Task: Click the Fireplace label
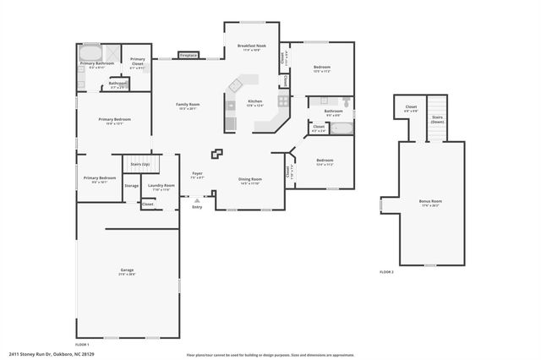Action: [x=189, y=56]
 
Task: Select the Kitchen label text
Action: [x=254, y=102]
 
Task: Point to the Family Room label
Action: [x=187, y=106]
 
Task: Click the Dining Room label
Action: [x=249, y=180]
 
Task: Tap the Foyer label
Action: [x=197, y=175]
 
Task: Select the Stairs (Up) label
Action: [x=139, y=164]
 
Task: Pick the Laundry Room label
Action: [x=161, y=187]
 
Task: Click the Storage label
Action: [x=131, y=186]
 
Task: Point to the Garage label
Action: [x=127, y=272]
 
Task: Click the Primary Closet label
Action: [x=137, y=61]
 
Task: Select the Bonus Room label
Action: [x=430, y=203]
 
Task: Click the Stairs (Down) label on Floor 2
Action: [x=438, y=119]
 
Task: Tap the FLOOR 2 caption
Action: [x=386, y=272]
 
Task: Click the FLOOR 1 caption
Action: [x=82, y=345]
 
